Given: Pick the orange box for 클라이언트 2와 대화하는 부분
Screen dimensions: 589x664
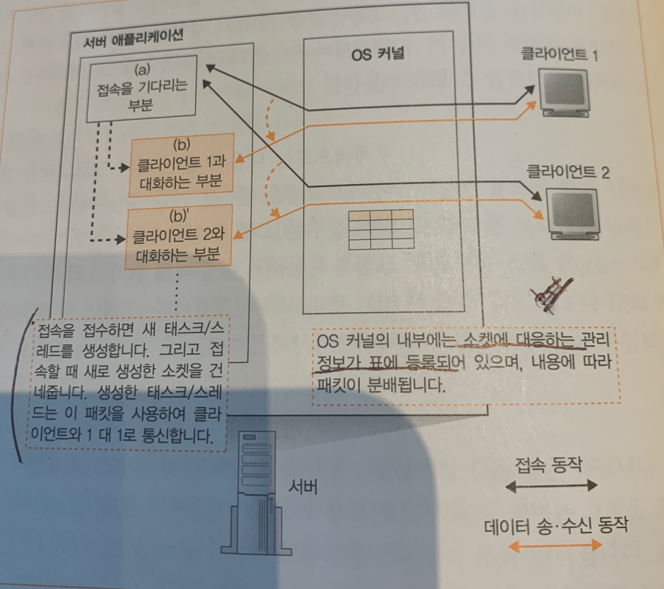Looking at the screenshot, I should [178, 236].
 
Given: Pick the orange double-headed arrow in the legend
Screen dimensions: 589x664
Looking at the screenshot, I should [556, 546].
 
